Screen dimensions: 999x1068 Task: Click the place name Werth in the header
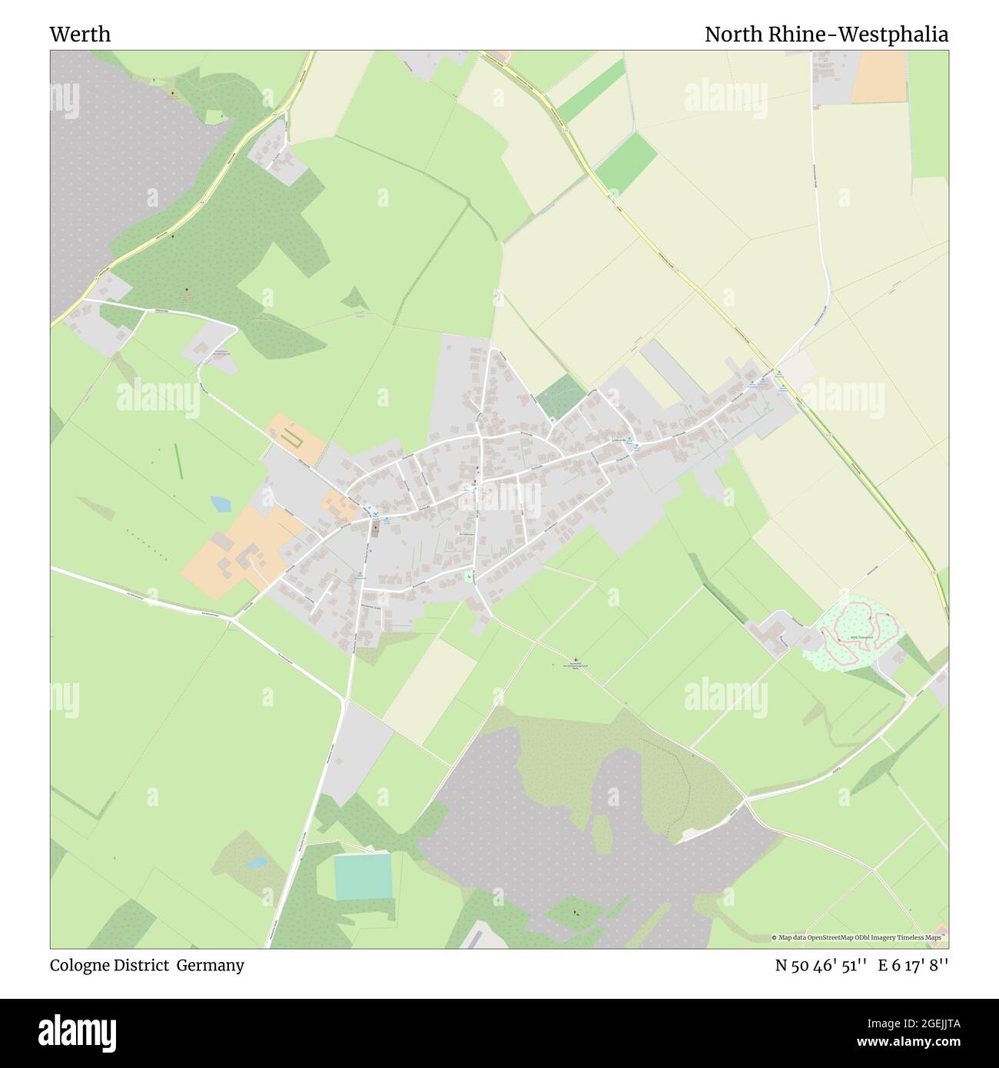80,35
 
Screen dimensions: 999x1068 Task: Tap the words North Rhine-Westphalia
826,35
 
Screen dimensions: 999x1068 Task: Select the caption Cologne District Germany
147,965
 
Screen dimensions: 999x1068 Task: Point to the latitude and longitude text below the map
861,965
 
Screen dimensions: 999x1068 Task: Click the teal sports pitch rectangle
363,877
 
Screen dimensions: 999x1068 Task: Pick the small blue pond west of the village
221,504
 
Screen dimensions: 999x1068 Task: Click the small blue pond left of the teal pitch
256,862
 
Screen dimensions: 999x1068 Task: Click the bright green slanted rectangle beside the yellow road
625,164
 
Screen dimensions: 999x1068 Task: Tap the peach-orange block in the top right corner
879,76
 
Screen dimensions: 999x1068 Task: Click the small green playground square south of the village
468,576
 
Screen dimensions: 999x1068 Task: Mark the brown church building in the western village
375,529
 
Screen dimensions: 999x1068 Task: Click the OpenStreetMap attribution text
861,938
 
